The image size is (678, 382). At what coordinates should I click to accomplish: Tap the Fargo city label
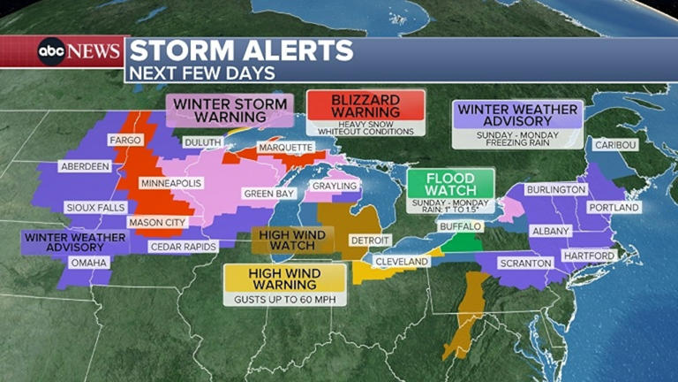coord(124,141)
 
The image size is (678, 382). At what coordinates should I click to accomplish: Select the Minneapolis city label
coord(171,183)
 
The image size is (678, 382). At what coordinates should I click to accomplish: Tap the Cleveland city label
coord(401,263)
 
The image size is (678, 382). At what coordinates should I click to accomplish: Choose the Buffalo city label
coord(461,226)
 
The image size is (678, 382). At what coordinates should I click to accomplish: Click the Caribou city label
coord(614,144)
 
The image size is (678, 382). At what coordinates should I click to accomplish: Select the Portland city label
coord(614,208)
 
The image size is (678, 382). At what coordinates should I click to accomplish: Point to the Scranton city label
coord(524,263)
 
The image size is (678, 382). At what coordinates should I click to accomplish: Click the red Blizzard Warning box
coord(365,106)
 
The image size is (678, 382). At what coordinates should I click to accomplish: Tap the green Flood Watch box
coord(450,184)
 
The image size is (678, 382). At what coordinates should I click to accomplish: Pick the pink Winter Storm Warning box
coord(230,110)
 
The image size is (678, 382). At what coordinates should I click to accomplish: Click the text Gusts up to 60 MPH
coord(283,300)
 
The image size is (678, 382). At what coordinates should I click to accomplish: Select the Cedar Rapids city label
coord(183,247)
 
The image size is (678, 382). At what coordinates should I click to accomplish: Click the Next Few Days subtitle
coord(202,73)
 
